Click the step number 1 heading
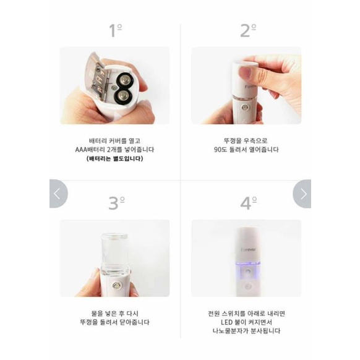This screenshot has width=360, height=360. point(115,30)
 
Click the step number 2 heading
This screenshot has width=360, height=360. point(248,30)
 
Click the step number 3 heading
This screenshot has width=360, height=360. point(117,203)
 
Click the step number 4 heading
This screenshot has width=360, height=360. point(249,203)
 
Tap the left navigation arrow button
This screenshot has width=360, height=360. point(58,194)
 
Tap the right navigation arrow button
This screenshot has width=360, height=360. point(302,194)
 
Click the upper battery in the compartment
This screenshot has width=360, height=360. point(125,81)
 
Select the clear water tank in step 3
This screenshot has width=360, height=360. point(114,254)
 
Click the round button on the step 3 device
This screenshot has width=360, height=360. point(116,286)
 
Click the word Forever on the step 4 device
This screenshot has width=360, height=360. point(248,249)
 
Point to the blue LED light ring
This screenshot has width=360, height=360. point(249,263)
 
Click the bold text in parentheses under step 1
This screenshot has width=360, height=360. point(115,158)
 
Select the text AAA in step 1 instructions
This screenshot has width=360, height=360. point(82,150)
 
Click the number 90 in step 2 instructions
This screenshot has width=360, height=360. point(218,150)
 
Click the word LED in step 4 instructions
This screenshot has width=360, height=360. point(226,322)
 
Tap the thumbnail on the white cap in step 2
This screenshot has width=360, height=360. point(244,72)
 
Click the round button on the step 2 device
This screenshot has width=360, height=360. point(245,108)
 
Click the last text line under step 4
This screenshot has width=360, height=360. point(246,331)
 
